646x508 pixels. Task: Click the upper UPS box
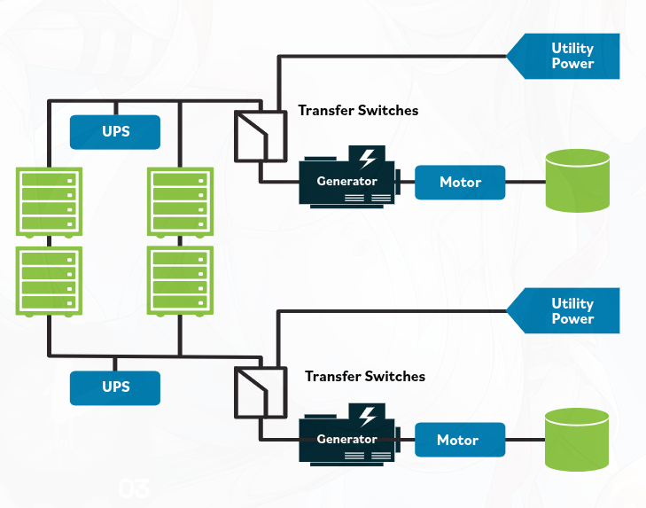coord(115,132)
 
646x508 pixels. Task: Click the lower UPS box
coord(115,388)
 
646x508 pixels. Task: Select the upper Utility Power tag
coord(564,56)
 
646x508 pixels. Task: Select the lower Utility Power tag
coord(564,311)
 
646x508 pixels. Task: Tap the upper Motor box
coord(460,183)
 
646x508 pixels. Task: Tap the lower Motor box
coord(460,440)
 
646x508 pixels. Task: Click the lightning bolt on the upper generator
coord(367,160)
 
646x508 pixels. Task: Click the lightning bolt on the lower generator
coord(367,417)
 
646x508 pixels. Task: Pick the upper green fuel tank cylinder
coord(578,181)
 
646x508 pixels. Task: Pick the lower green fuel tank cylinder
coord(577,440)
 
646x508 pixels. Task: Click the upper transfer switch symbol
coord(261,136)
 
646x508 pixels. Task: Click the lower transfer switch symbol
coord(261,393)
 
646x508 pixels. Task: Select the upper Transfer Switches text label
coord(358,111)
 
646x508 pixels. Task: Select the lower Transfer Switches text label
coord(365,377)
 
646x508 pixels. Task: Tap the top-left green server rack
coord(49,202)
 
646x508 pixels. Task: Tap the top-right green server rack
coord(180,202)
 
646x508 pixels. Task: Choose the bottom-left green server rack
coord(49,282)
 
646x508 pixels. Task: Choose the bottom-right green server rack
coord(180,281)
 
